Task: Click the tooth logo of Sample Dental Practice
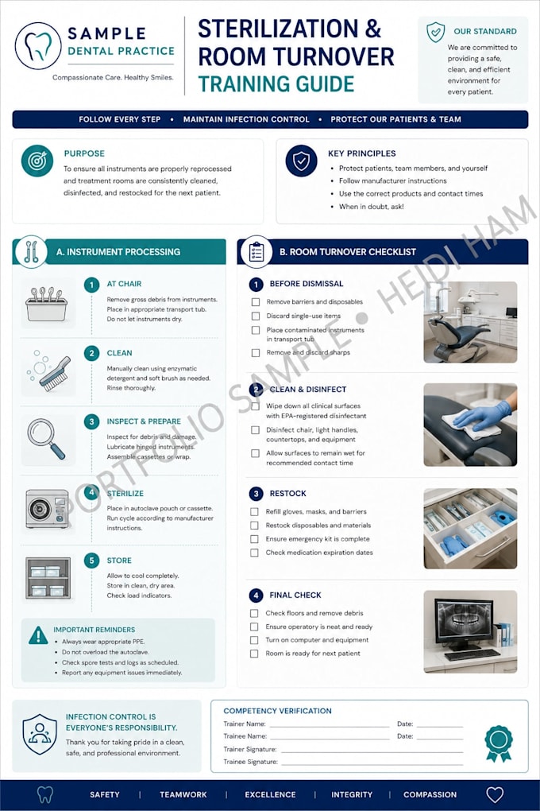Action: (x=38, y=46)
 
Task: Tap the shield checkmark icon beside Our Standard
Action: (x=436, y=32)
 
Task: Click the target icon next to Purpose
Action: (x=37, y=161)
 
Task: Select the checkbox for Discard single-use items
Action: (x=255, y=316)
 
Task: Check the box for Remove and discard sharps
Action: (x=255, y=353)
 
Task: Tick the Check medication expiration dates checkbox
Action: (x=254, y=553)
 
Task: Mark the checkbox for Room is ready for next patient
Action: (x=254, y=654)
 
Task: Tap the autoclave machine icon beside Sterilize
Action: (x=48, y=509)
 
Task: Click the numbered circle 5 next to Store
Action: (x=91, y=561)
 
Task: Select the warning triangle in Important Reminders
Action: (x=38, y=635)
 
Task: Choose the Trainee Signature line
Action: (x=372, y=765)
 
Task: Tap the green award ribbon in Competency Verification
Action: (x=499, y=743)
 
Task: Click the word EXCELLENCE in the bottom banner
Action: (x=270, y=794)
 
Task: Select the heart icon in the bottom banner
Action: (x=495, y=794)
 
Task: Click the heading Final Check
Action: (x=295, y=596)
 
